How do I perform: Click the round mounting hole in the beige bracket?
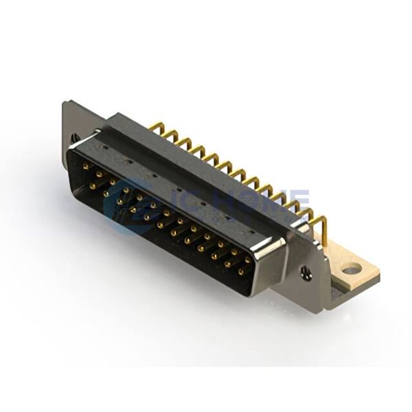coord(351,269)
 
